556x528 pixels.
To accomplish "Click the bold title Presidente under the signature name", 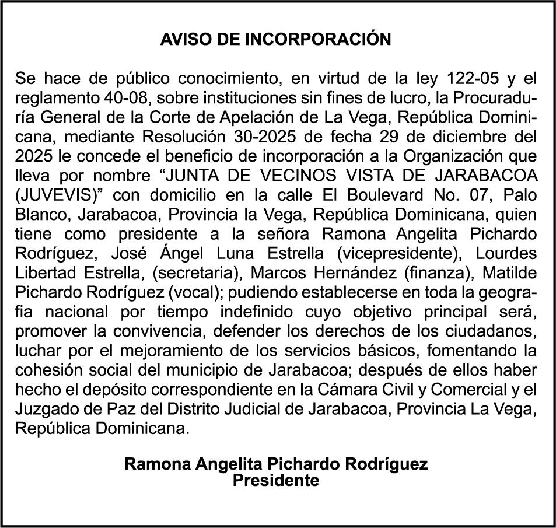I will coord(276,481).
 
